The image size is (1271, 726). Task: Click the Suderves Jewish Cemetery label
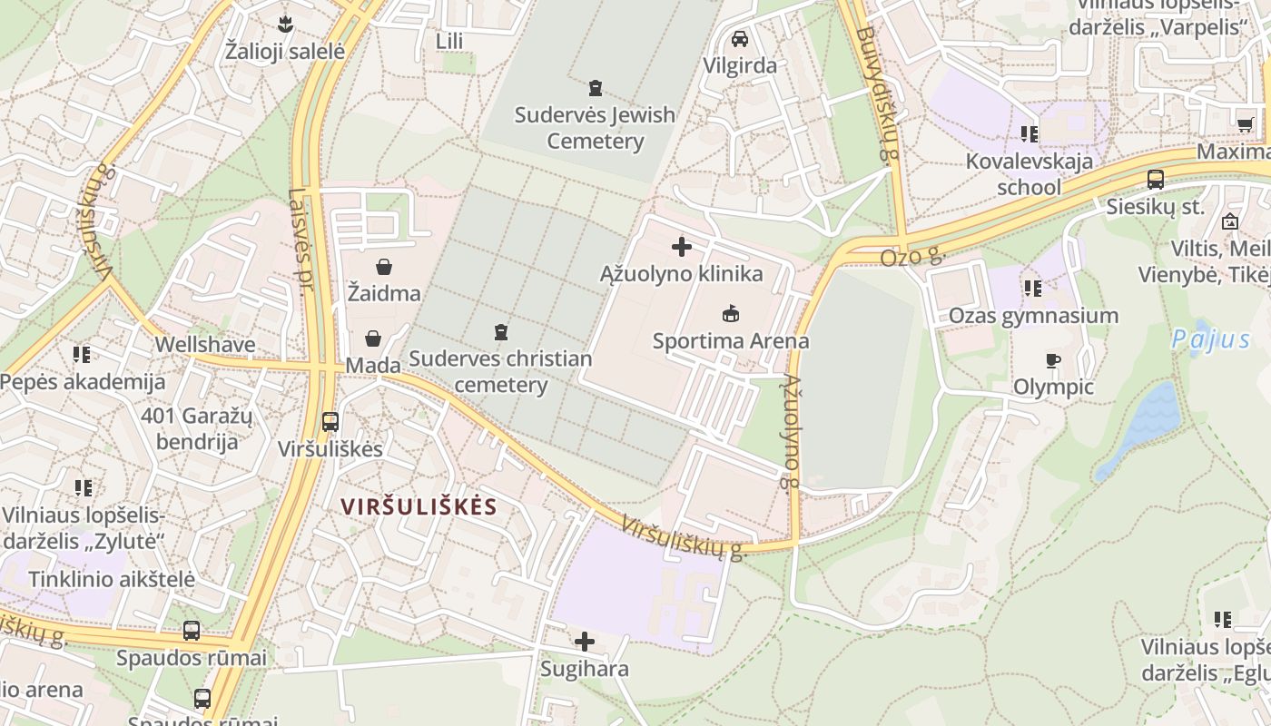click(595, 128)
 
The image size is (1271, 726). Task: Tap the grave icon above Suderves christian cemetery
click(500, 332)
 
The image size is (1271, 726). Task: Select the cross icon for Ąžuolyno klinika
click(681, 247)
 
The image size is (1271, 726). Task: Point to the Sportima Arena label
click(730, 341)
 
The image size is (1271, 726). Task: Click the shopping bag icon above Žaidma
click(384, 267)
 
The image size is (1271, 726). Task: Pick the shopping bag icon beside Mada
click(372, 338)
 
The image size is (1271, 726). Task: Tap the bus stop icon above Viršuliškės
click(330, 422)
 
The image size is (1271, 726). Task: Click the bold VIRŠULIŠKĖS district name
click(419, 506)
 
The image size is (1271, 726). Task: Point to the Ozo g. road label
click(911, 258)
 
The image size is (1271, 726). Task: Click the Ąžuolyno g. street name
click(792, 432)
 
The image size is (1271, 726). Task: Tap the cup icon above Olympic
click(1052, 361)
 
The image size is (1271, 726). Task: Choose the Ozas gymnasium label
click(1033, 316)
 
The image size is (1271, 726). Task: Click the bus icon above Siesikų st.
click(1155, 180)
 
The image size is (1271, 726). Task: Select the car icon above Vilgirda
click(740, 39)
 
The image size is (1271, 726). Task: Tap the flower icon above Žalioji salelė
click(285, 23)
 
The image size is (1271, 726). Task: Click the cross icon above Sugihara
click(585, 643)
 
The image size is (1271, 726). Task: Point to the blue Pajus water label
click(1210, 340)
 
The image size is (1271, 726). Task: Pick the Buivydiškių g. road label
click(875, 94)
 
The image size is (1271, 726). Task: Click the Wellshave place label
click(205, 345)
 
